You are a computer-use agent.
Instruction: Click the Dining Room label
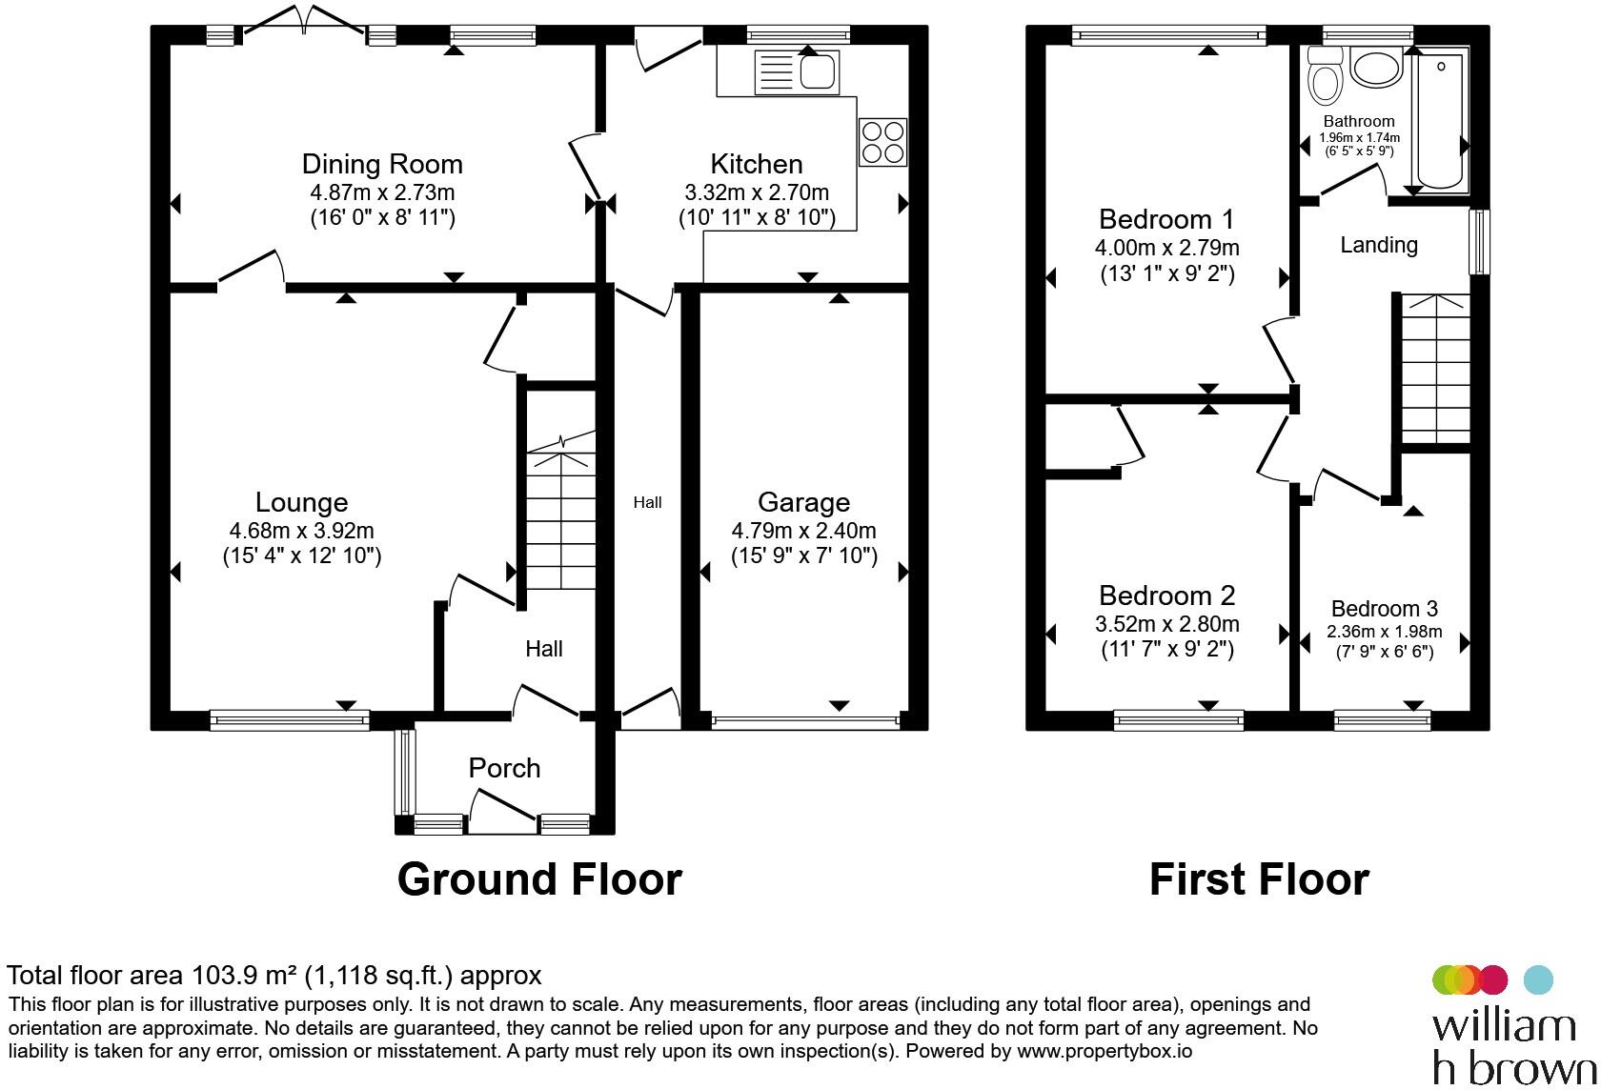tap(382, 165)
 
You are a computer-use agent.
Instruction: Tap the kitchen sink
tap(797, 72)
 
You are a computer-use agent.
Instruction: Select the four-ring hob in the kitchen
tap(882, 142)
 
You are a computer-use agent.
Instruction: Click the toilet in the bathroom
tap(1325, 76)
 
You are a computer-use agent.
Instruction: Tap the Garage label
tap(804, 502)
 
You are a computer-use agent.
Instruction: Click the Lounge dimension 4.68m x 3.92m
tap(301, 531)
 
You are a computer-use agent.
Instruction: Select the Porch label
tap(505, 768)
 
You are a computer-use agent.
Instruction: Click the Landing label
tap(1379, 245)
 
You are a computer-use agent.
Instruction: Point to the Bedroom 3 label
tap(1385, 609)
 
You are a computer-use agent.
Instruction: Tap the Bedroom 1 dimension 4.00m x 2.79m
tap(1167, 248)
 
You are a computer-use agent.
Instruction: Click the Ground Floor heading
tap(539, 879)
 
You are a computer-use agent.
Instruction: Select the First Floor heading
tap(1260, 879)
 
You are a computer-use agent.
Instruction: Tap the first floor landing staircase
tap(1435, 369)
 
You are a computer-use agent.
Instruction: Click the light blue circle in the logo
tap(1538, 979)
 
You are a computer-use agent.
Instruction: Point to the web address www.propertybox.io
tap(1104, 1051)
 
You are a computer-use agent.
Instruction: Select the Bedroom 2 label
tap(1167, 595)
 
